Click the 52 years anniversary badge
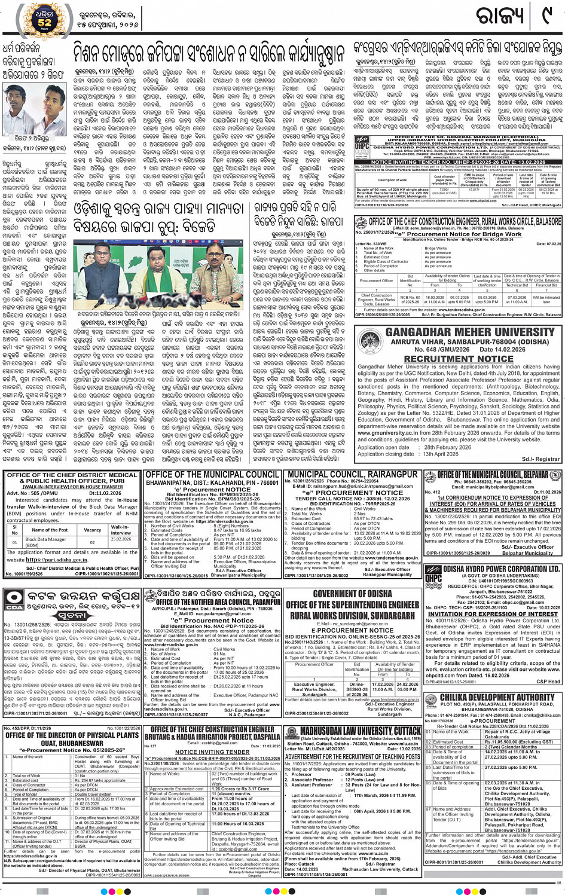point(44,20)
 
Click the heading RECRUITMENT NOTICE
point(459,359)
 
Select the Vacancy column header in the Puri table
point(92,530)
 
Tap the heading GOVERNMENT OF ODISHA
point(352,594)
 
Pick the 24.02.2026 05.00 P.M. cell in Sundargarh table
point(407,687)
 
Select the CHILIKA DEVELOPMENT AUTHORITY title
point(497,697)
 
